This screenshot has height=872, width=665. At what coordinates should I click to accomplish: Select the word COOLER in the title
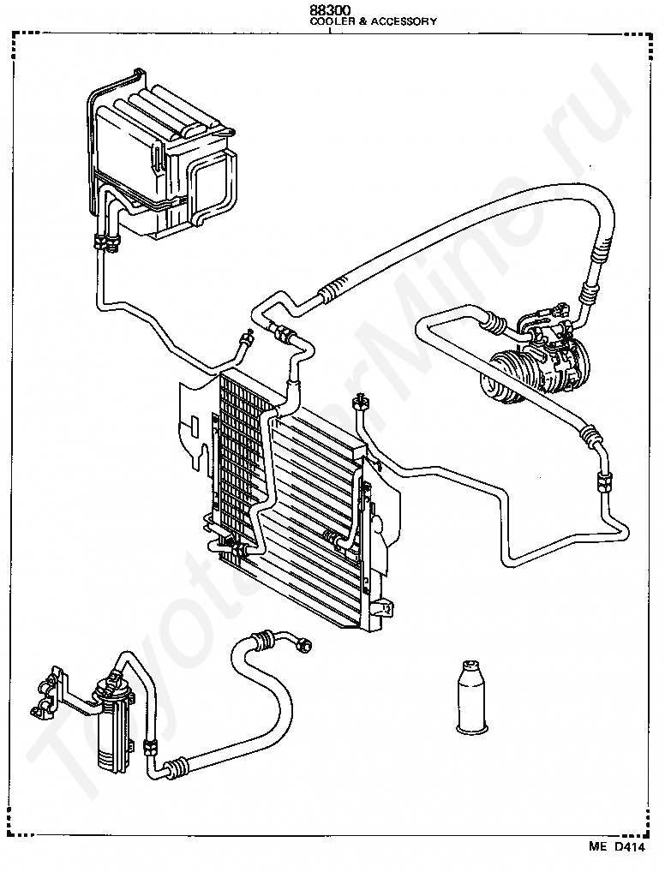pyautogui.click(x=331, y=21)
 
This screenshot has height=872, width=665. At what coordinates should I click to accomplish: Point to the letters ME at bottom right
pyautogui.click(x=596, y=847)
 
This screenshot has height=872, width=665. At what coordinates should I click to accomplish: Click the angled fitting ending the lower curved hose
pyautogui.click(x=303, y=643)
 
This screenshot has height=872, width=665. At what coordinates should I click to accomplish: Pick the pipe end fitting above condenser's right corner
pyautogui.click(x=361, y=400)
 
